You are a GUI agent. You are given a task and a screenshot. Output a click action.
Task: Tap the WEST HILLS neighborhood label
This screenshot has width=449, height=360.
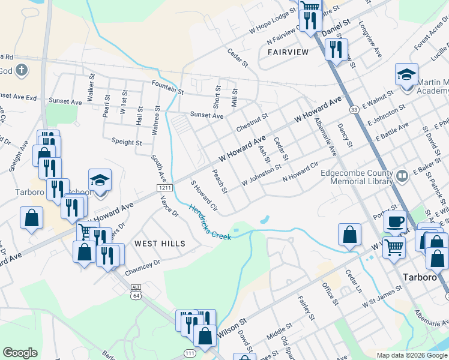[x=159, y=243]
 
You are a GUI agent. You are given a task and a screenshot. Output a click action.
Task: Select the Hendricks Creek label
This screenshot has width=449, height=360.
[x=210, y=222]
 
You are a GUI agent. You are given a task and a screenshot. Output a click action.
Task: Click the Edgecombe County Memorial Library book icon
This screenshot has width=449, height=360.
[x=402, y=176]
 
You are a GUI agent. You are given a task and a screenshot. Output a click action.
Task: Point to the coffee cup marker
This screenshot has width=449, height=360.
[x=394, y=222]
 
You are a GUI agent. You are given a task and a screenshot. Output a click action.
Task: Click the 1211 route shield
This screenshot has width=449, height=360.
[x=166, y=188]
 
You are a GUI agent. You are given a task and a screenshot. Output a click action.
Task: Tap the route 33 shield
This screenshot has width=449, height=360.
[x=355, y=109]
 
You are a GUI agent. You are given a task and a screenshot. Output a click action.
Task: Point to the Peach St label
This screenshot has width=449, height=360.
[x=220, y=181]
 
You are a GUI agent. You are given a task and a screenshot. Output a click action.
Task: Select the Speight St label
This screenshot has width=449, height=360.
[x=127, y=143]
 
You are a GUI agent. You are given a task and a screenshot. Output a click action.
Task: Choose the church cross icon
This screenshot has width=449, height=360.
[x=22, y=70]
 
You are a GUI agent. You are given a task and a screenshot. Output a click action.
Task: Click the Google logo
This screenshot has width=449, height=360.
[x=20, y=353]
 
